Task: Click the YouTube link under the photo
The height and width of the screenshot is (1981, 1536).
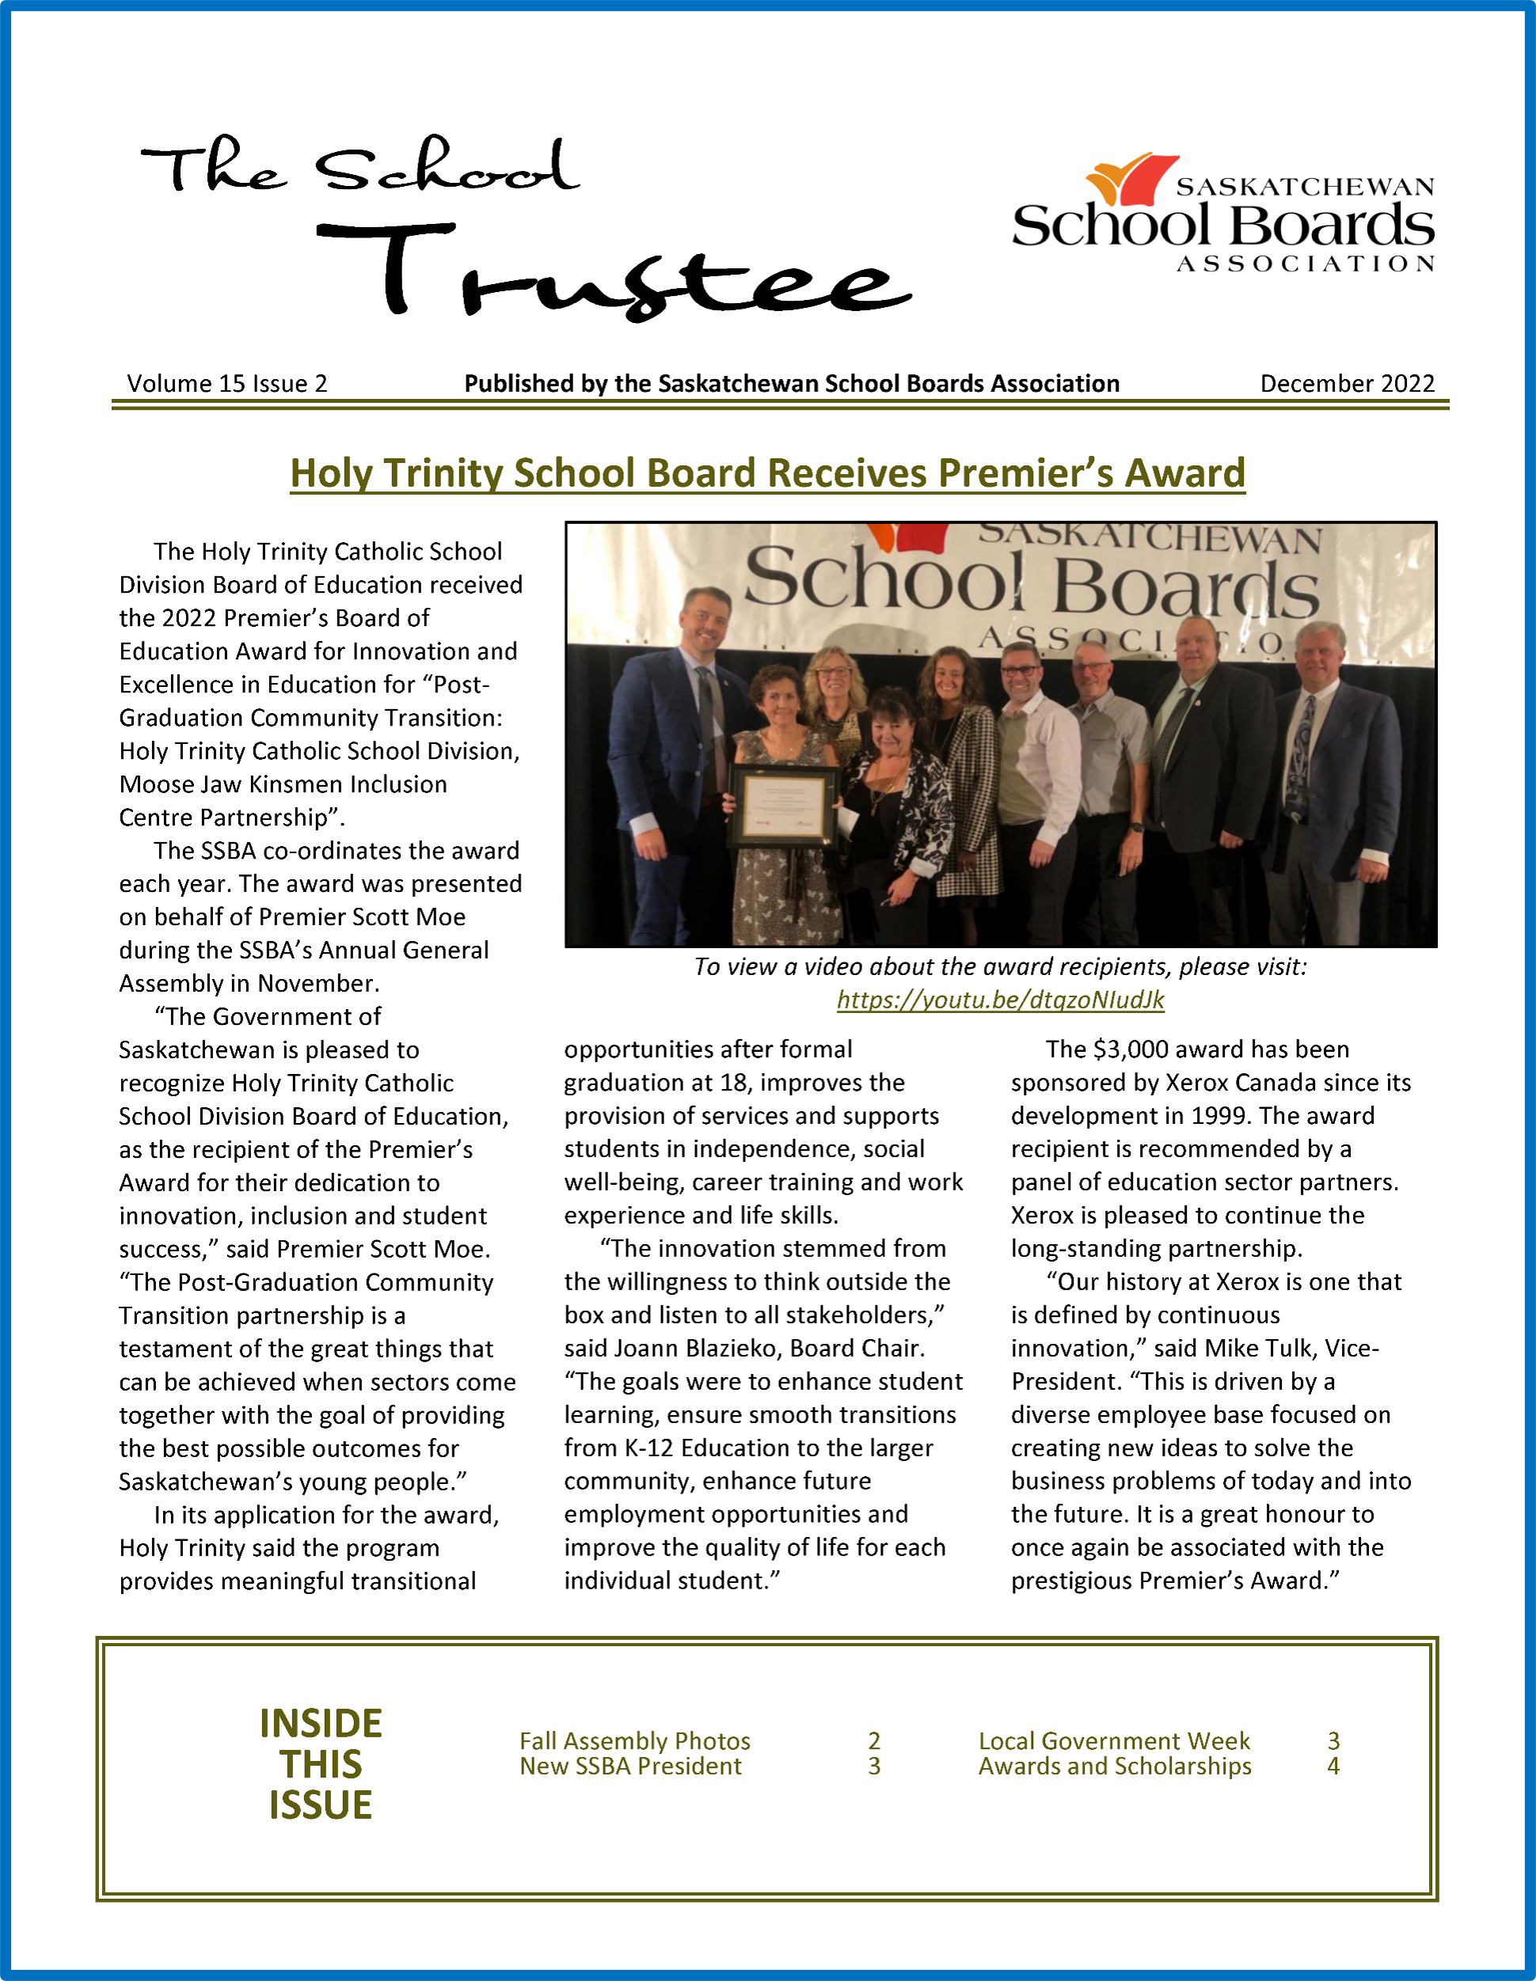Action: point(1000,1000)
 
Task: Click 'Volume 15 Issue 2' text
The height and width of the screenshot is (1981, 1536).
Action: point(226,384)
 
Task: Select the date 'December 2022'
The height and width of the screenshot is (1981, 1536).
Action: point(1347,384)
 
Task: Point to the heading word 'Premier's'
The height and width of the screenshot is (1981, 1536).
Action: point(1025,473)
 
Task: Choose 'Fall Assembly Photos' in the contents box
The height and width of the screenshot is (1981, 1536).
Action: point(634,1740)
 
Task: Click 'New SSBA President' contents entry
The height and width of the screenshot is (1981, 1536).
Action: point(629,1766)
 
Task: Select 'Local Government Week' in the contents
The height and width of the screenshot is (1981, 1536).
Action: point(1113,1740)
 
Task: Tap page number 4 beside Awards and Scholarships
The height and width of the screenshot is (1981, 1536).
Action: point(1333,1766)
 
